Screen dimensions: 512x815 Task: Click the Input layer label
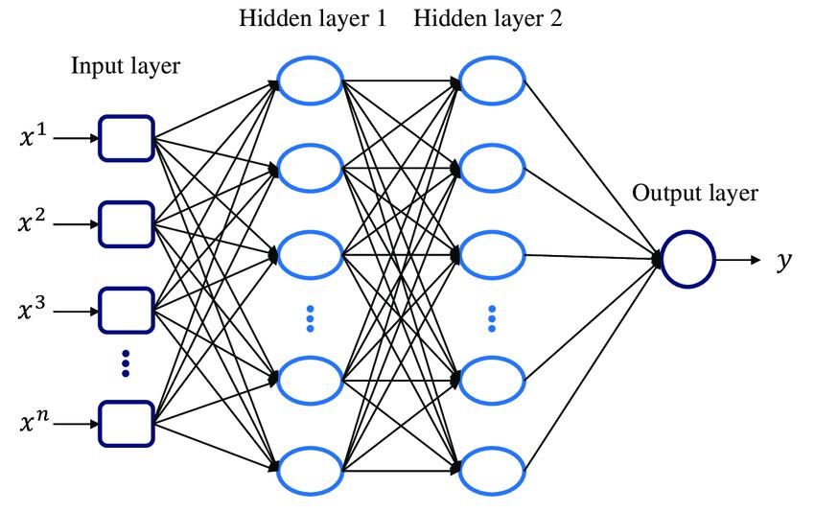(x=126, y=66)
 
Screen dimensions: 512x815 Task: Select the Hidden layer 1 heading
(x=313, y=19)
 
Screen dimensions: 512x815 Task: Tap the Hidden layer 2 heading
(x=489, y=19)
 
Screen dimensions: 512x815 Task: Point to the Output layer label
(x=695, y=194)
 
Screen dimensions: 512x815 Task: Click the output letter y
(x=784, y=260)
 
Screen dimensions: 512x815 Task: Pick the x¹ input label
(x=32, y=137)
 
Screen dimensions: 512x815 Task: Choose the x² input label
(x=32, y=223)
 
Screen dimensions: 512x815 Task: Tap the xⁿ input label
(x=32, y=422)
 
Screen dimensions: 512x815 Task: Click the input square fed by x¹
(x=126, y=137)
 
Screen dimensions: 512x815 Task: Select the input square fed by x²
(x=126, y=223)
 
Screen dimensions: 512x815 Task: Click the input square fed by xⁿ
(x=126, y=422)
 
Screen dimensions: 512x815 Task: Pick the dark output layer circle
(x=687, y=259)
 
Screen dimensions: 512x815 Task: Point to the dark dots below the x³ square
(x=126, y=363)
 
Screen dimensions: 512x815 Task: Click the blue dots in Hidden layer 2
(x=492, y=318)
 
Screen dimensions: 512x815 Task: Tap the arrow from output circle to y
(x=739, y=259)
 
